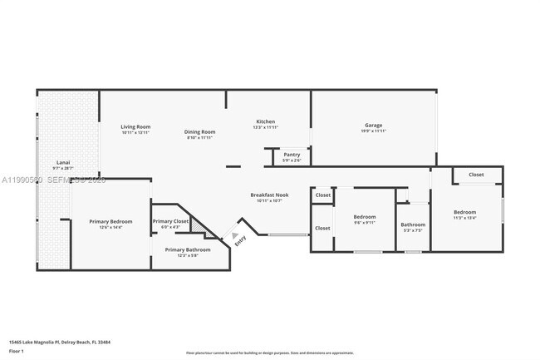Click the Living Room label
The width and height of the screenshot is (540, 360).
tap(135, 126)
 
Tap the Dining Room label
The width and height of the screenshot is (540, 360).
tap(199, 131)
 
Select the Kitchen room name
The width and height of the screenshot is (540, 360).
tap(265, 121)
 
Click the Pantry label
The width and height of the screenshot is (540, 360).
tap(292, 154)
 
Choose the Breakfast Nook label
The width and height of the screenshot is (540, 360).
tap(269, 195)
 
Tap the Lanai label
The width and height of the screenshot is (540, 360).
tap(63, 161)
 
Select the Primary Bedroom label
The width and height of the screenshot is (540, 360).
tap(111, 221)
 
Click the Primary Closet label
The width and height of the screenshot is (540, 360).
tap(170, 221)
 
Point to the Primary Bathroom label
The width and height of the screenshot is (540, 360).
tap(187, 249)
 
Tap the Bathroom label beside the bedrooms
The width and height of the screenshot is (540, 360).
tap(413, 224)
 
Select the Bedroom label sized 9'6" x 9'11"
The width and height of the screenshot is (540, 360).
tap(365, 216)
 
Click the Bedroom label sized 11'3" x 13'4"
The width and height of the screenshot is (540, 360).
tap(464, 212)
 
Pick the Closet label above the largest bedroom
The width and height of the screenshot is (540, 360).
tap(476, 175)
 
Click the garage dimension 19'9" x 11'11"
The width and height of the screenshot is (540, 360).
tap(374, 131)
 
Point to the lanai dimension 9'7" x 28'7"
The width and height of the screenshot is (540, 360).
tap(63, 167)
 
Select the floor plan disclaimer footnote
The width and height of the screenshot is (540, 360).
tap(269, 353)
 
